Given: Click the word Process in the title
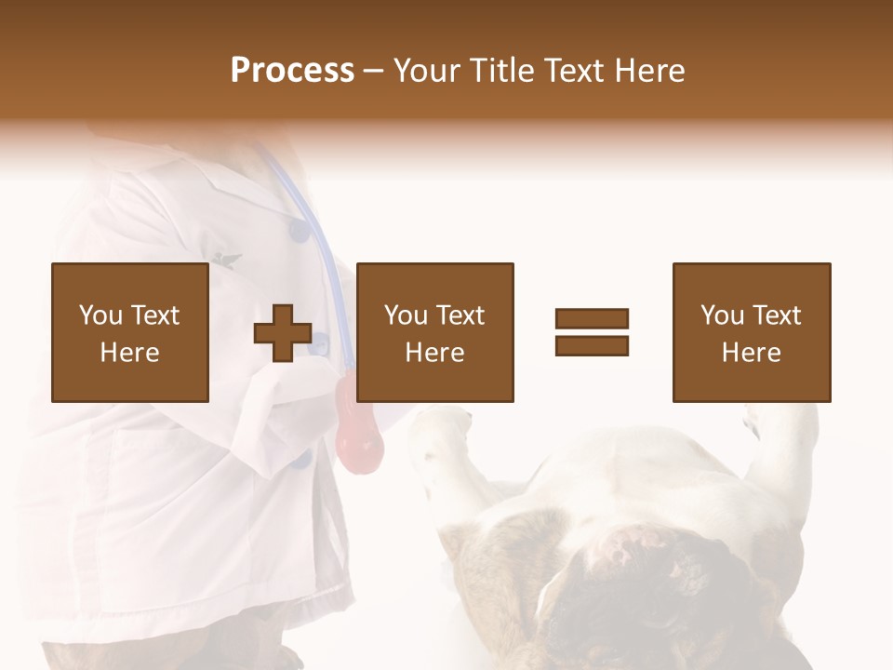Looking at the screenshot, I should click(x=292, y=71).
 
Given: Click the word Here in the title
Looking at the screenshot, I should click(x=650, y=71).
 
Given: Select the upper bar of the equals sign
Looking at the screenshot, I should click(x=592, y=318).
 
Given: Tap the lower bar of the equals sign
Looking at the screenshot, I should click(x=592, y=346).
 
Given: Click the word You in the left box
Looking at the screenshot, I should click(x=100, y=315).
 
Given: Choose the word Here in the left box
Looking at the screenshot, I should click(x=129, y=353).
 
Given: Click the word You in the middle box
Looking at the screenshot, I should click(x=406, y=315).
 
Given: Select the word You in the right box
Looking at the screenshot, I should click(x=722, y=315).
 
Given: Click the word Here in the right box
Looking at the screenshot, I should click(x=751, y=353).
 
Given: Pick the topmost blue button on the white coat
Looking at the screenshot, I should click(x=299, y=229).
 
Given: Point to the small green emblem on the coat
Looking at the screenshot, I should click(x=224, y=260).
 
